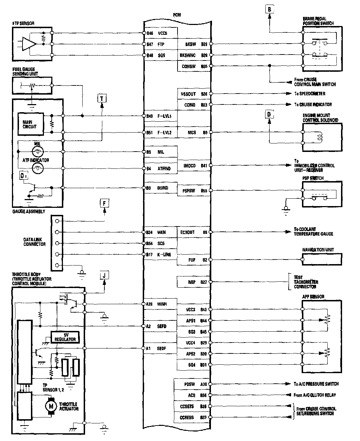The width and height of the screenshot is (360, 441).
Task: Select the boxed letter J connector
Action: (104, 275)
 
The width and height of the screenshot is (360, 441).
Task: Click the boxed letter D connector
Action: (269, 115)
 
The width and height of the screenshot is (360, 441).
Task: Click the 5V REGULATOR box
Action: (65, 337)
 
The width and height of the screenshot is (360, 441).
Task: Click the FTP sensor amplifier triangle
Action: (30, 44)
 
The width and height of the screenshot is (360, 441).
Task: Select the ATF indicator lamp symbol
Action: (37, 169)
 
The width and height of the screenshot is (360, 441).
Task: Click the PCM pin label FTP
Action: (161, 44)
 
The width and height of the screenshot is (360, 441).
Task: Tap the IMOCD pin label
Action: (189, 165)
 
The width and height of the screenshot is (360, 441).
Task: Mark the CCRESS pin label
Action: (187, 418)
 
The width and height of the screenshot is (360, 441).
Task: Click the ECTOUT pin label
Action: (187, 232)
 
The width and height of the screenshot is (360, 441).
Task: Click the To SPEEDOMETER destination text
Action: (310, 94)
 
